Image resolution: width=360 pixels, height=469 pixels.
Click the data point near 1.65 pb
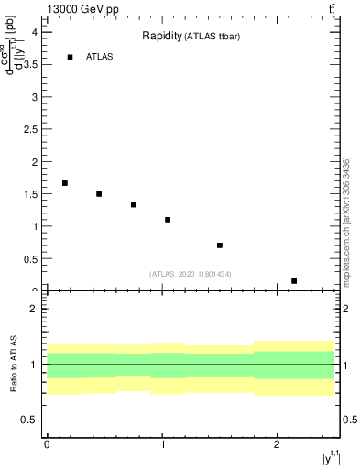coord(65,183)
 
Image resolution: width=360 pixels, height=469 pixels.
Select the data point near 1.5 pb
coord(99,194)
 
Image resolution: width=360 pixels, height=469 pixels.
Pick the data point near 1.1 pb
coord(168,220)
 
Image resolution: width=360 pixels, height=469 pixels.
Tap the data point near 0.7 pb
coord(220,245)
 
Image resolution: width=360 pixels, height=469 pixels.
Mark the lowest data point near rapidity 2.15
coord(294,281)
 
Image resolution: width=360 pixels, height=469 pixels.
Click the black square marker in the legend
coord(70,57)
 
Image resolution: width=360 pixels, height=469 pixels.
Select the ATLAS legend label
coord(99,57)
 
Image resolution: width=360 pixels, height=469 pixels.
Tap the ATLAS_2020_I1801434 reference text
coord(191,274)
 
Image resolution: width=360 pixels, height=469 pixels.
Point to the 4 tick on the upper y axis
coord(34,31)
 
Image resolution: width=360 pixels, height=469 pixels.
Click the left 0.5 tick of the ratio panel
coord(30,420)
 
